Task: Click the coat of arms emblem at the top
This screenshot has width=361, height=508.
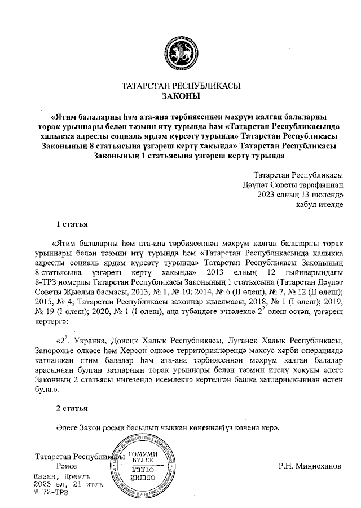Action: point(180,51)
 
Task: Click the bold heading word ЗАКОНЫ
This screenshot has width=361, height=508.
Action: point(181,96)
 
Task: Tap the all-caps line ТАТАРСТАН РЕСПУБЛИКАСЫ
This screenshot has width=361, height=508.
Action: point(181,86)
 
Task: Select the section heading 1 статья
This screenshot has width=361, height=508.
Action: point(72,224)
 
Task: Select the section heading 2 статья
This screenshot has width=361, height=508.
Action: point(72,407)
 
